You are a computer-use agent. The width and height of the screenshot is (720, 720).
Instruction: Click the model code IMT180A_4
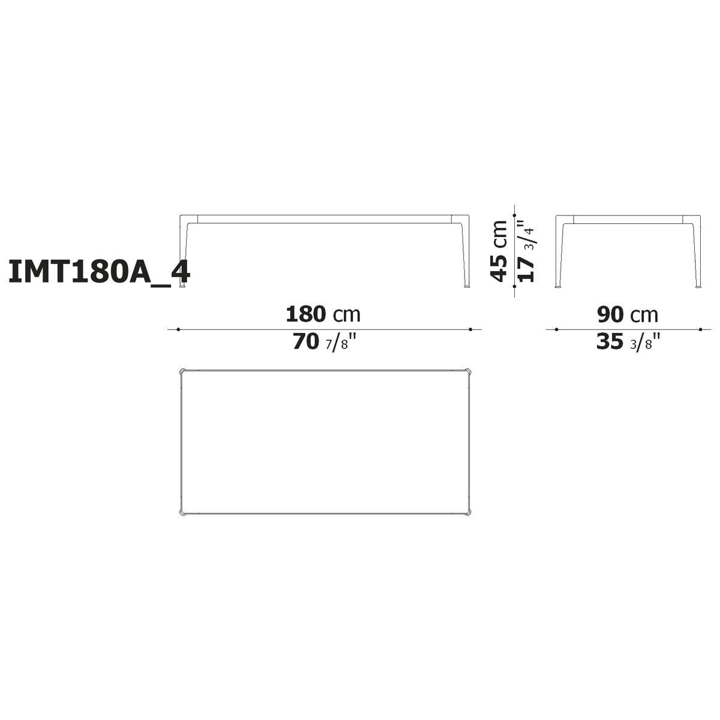pyautogui.click(x=99, y=271)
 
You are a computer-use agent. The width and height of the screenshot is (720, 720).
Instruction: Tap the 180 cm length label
pyautogui.click(x=323, y=314)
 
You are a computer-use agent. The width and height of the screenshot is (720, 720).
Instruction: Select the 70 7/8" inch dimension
pyautogui.click(x=323, y=342)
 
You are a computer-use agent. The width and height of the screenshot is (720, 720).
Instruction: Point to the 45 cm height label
pyautogui.click(x=499, y=251)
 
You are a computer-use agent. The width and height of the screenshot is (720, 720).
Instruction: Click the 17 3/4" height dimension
pyautogui.click(x=526, y=251)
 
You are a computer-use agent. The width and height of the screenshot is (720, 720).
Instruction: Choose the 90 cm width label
pyautogui.click(x=628, y=314)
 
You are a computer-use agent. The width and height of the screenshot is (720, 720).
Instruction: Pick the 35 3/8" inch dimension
pyautogui.click(x=628, y=342)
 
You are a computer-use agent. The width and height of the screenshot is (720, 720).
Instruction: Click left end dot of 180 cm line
pyautogui.click(x=178, y=329)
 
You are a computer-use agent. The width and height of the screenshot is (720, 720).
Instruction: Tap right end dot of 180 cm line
pyautogui.click(x=470, y=329)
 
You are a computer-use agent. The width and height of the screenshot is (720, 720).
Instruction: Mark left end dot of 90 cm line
pyautogui.click(x=557, y=329)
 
